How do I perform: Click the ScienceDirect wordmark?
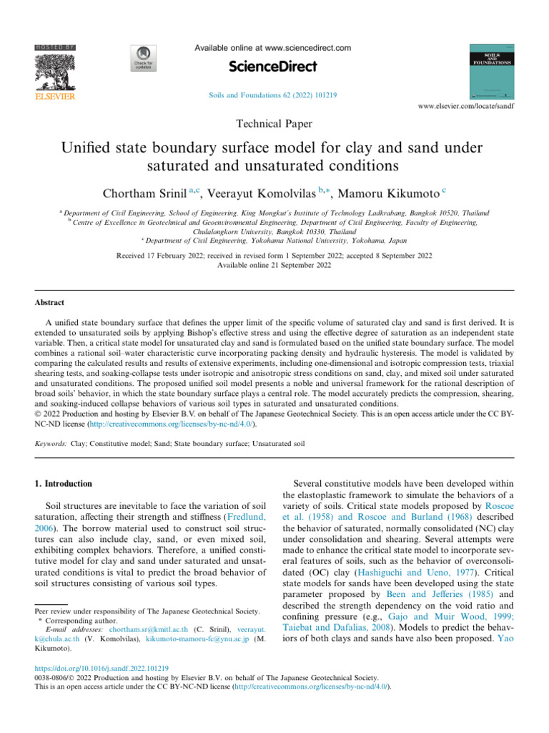coord(273,68)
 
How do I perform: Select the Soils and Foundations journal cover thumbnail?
coord(490,72)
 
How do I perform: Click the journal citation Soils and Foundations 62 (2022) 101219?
coord(274,93)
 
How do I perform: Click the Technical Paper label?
coord(274,124)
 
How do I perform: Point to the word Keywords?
coord(51,444)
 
